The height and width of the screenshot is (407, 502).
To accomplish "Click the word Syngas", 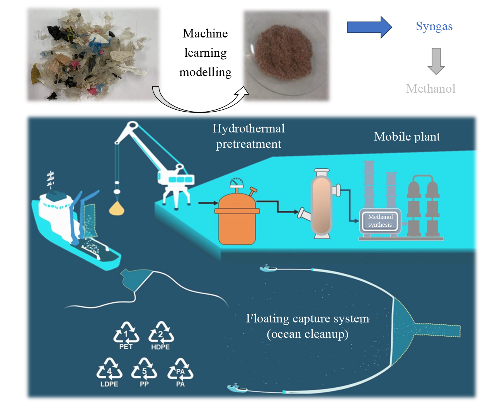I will pos(434,26).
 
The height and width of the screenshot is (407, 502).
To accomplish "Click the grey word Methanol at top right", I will pos(431,89).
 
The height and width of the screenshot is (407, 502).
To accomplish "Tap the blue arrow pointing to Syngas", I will pos(369,27).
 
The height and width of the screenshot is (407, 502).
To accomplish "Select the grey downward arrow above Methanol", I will pos(436,61).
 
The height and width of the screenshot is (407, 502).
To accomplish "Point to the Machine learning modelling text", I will pos(205,53).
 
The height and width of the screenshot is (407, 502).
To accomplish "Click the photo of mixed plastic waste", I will pos(93,55).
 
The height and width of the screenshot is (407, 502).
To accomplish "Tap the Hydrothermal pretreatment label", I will pos(248,136).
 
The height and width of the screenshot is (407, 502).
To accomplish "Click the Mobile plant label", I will pos(407,137).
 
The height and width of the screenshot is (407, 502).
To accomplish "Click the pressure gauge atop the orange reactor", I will pos(237,183).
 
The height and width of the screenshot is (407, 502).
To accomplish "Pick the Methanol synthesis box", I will pos(380,221).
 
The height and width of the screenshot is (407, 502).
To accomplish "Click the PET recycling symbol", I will pos(126,334).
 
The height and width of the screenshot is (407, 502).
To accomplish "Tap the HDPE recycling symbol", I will pos(161,335).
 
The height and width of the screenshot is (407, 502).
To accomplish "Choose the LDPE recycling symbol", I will pos(109,371).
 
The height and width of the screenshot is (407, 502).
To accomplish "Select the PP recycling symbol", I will pos(144,371).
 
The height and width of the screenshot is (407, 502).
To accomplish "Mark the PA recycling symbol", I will pos(180,371).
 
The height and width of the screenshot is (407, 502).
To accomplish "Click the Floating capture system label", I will pos(308,326).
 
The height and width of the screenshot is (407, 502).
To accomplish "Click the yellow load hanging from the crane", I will pos(117,209).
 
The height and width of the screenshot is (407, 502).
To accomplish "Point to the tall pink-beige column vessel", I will pos(322,203).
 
